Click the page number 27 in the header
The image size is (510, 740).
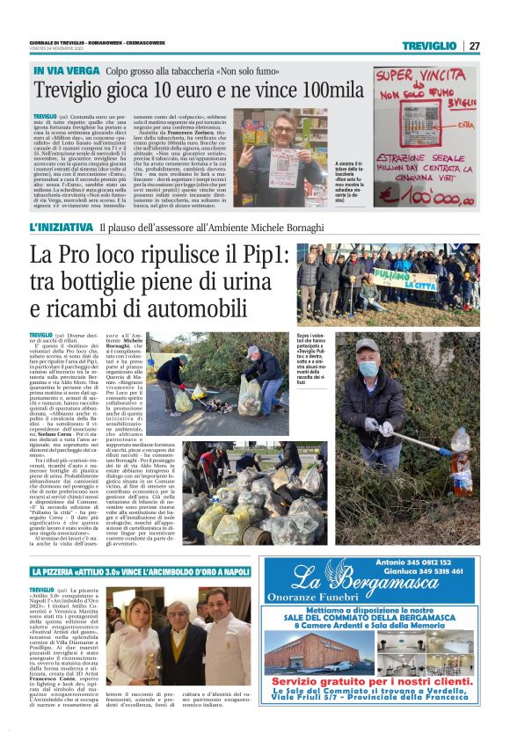[x=474, y=46]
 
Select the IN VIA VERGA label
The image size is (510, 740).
[x=64, y=69]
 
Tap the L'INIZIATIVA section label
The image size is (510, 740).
[x=62, y=228]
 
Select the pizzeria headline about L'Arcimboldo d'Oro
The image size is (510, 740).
[x=138, y=572]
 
